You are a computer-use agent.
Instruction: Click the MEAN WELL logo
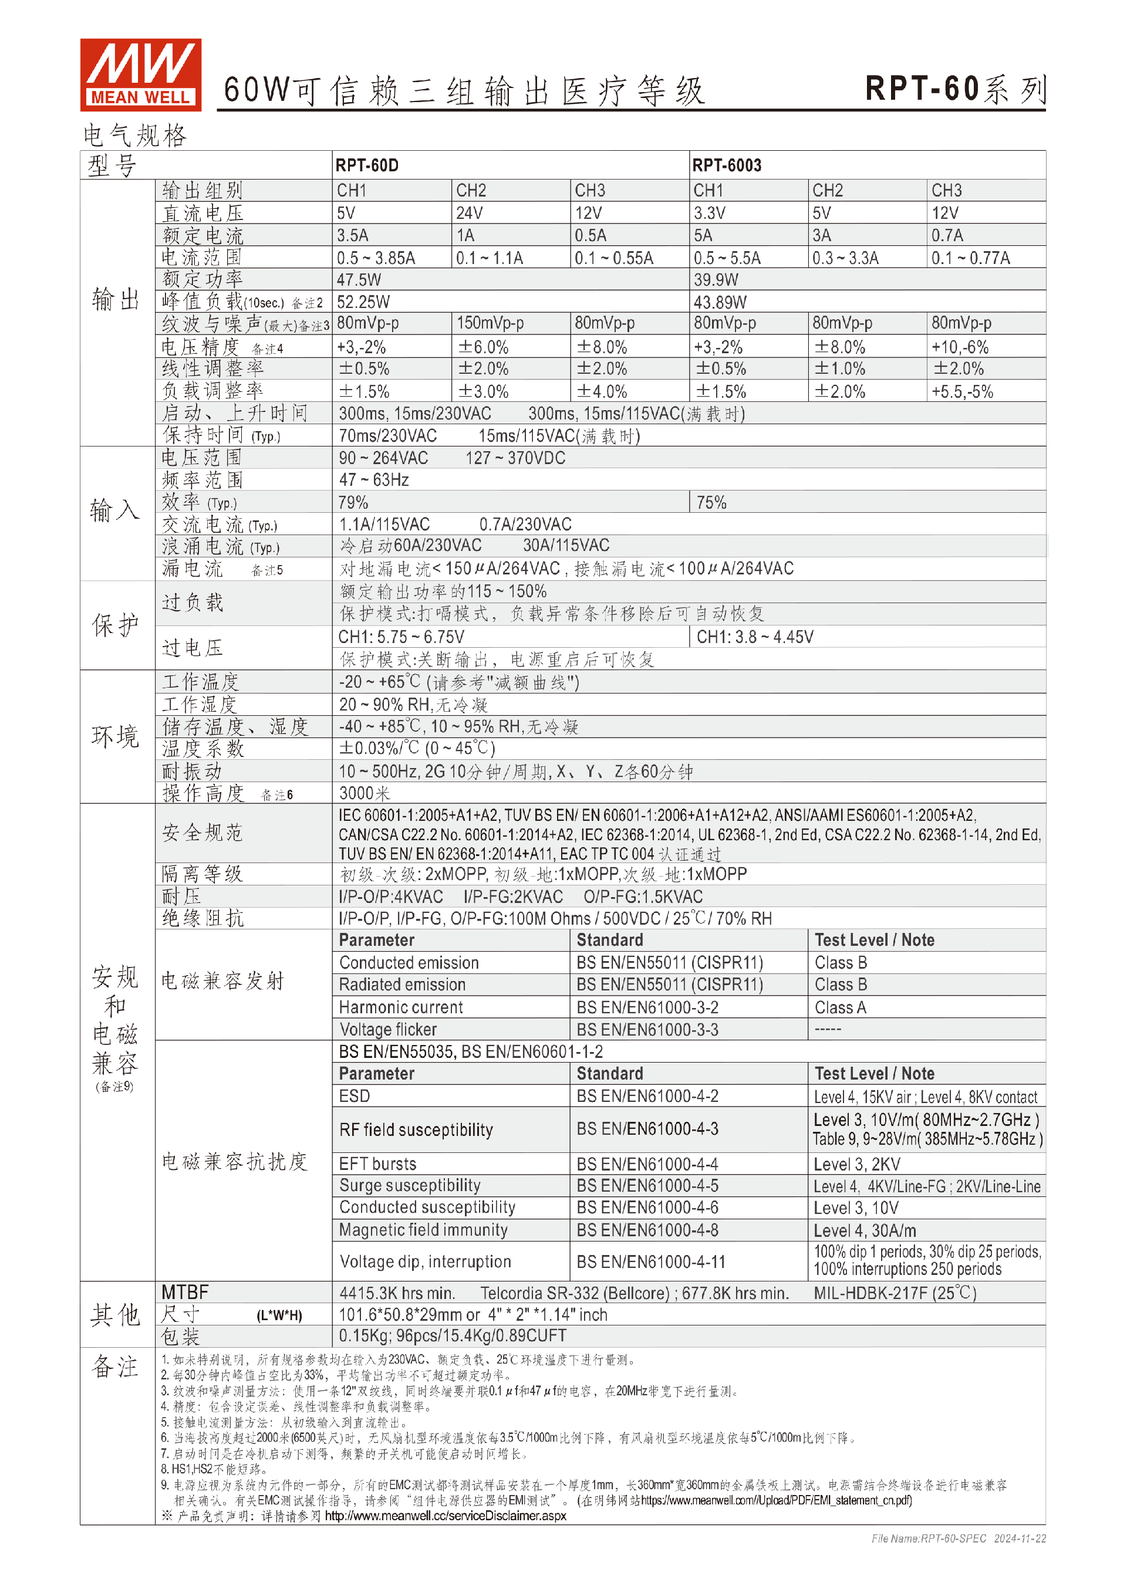click(140, 75)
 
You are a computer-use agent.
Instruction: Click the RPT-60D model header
click(366, 165)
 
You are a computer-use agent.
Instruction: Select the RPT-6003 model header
click(727, 165)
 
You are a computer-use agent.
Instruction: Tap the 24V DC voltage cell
click(469, 213)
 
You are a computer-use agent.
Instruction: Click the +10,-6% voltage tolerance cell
click(960, 347)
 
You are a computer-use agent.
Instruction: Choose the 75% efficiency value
click(711, 502)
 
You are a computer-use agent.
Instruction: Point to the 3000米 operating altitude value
click(365, 793)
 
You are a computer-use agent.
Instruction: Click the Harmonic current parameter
click(401, 1007)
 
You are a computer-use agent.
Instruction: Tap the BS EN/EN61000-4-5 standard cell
click(647, 1186)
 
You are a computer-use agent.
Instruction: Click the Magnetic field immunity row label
click(423, 1230)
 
